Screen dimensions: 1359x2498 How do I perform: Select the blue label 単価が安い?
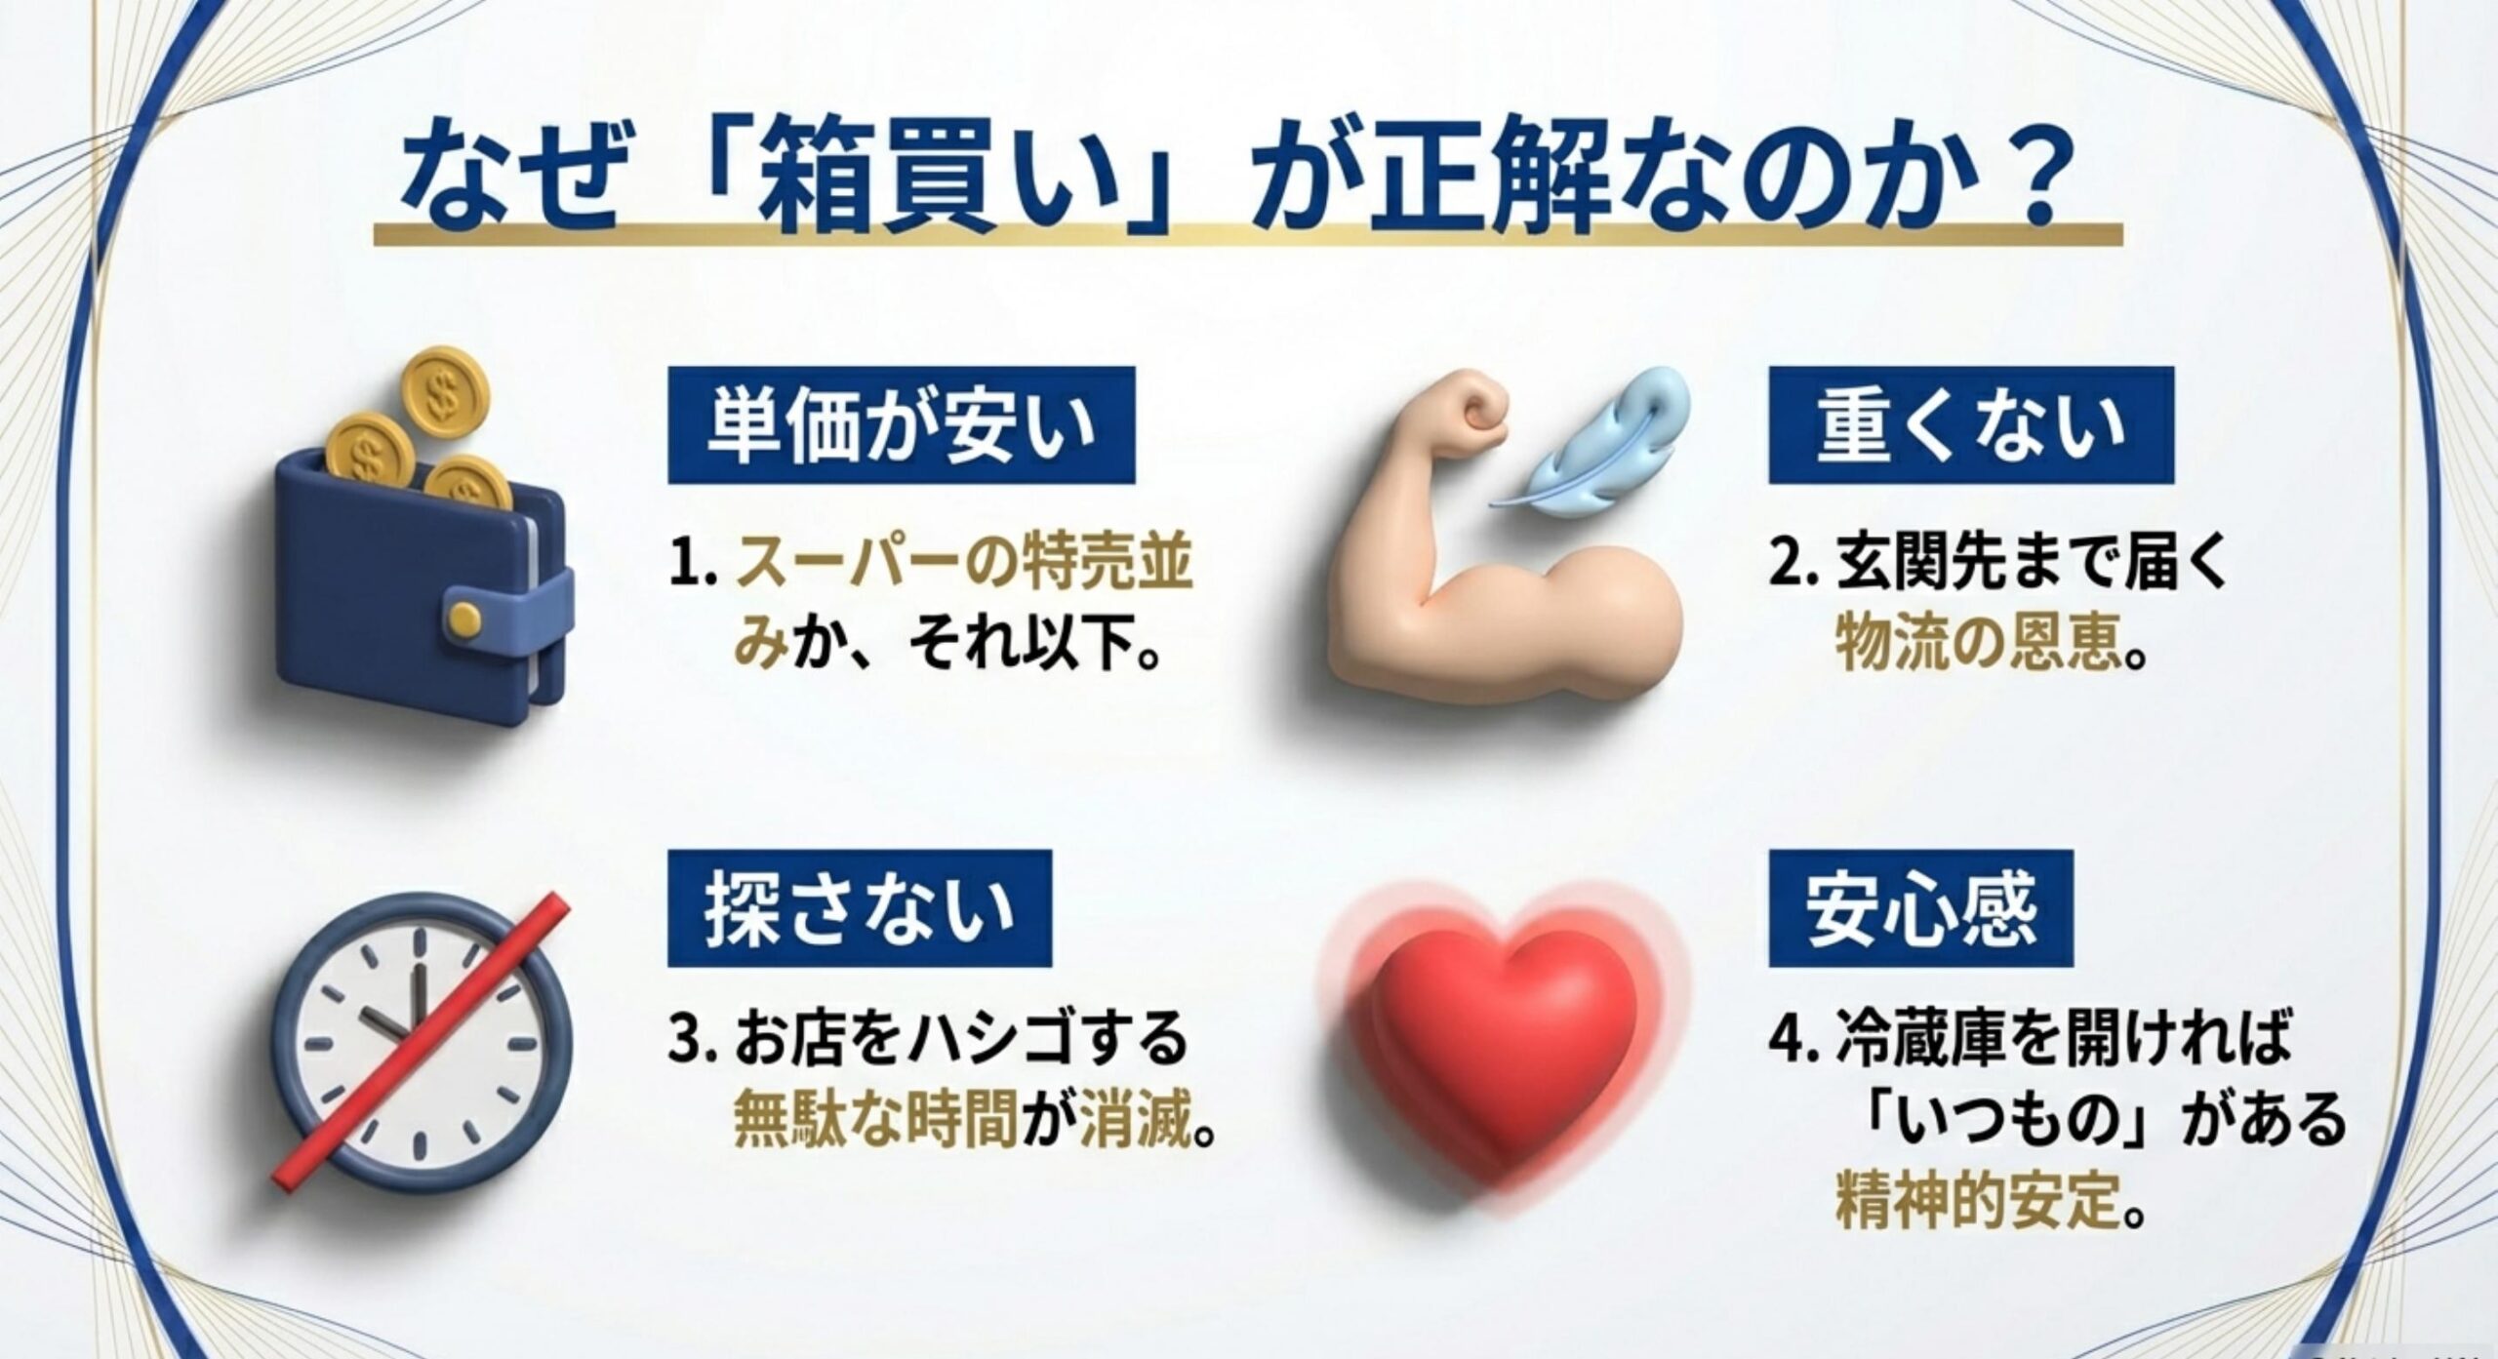[901, 426]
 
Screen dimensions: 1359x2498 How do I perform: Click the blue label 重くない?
[1971, 426]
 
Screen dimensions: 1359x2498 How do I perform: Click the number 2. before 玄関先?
[1793, 568]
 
